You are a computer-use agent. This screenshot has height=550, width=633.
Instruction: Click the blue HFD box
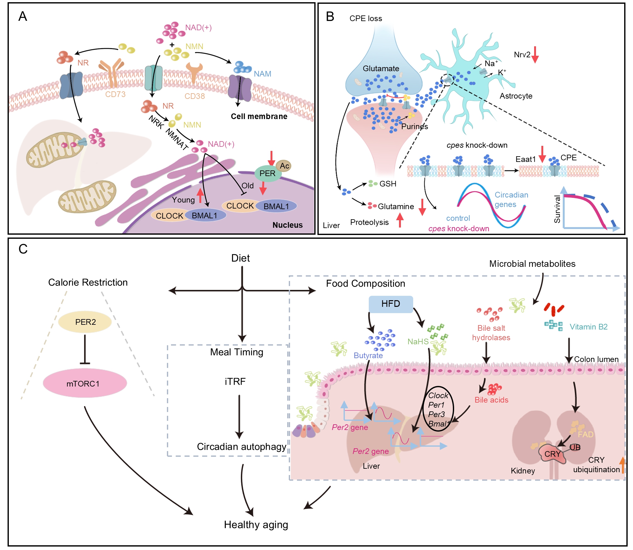point(391,304)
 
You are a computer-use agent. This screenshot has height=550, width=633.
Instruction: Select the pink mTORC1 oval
point(85,383)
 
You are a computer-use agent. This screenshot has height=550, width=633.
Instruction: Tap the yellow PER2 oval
point(85,322)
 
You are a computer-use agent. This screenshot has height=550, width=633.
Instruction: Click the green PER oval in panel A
point(267,174)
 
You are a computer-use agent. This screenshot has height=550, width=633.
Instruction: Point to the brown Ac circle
point(284,166)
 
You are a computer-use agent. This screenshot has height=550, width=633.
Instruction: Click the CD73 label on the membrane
point(115,94)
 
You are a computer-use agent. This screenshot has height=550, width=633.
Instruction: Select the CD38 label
point(195,96)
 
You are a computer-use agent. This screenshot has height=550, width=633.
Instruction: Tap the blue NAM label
point(262,74)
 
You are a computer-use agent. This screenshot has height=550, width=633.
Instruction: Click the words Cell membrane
point(259,116)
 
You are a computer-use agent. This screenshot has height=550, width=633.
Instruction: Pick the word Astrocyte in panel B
point(516,96)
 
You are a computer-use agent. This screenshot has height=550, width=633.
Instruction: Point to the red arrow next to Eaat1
point(542,154)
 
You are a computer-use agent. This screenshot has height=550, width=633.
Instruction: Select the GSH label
point(388,184)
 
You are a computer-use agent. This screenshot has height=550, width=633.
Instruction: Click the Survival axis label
point(557,209)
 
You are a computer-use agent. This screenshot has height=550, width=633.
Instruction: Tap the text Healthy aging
point(256,524)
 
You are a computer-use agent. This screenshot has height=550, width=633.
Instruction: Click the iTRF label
point(235,381)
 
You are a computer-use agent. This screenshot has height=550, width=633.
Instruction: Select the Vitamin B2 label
point(588,327)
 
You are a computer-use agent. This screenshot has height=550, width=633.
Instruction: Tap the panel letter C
point(23,249)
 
